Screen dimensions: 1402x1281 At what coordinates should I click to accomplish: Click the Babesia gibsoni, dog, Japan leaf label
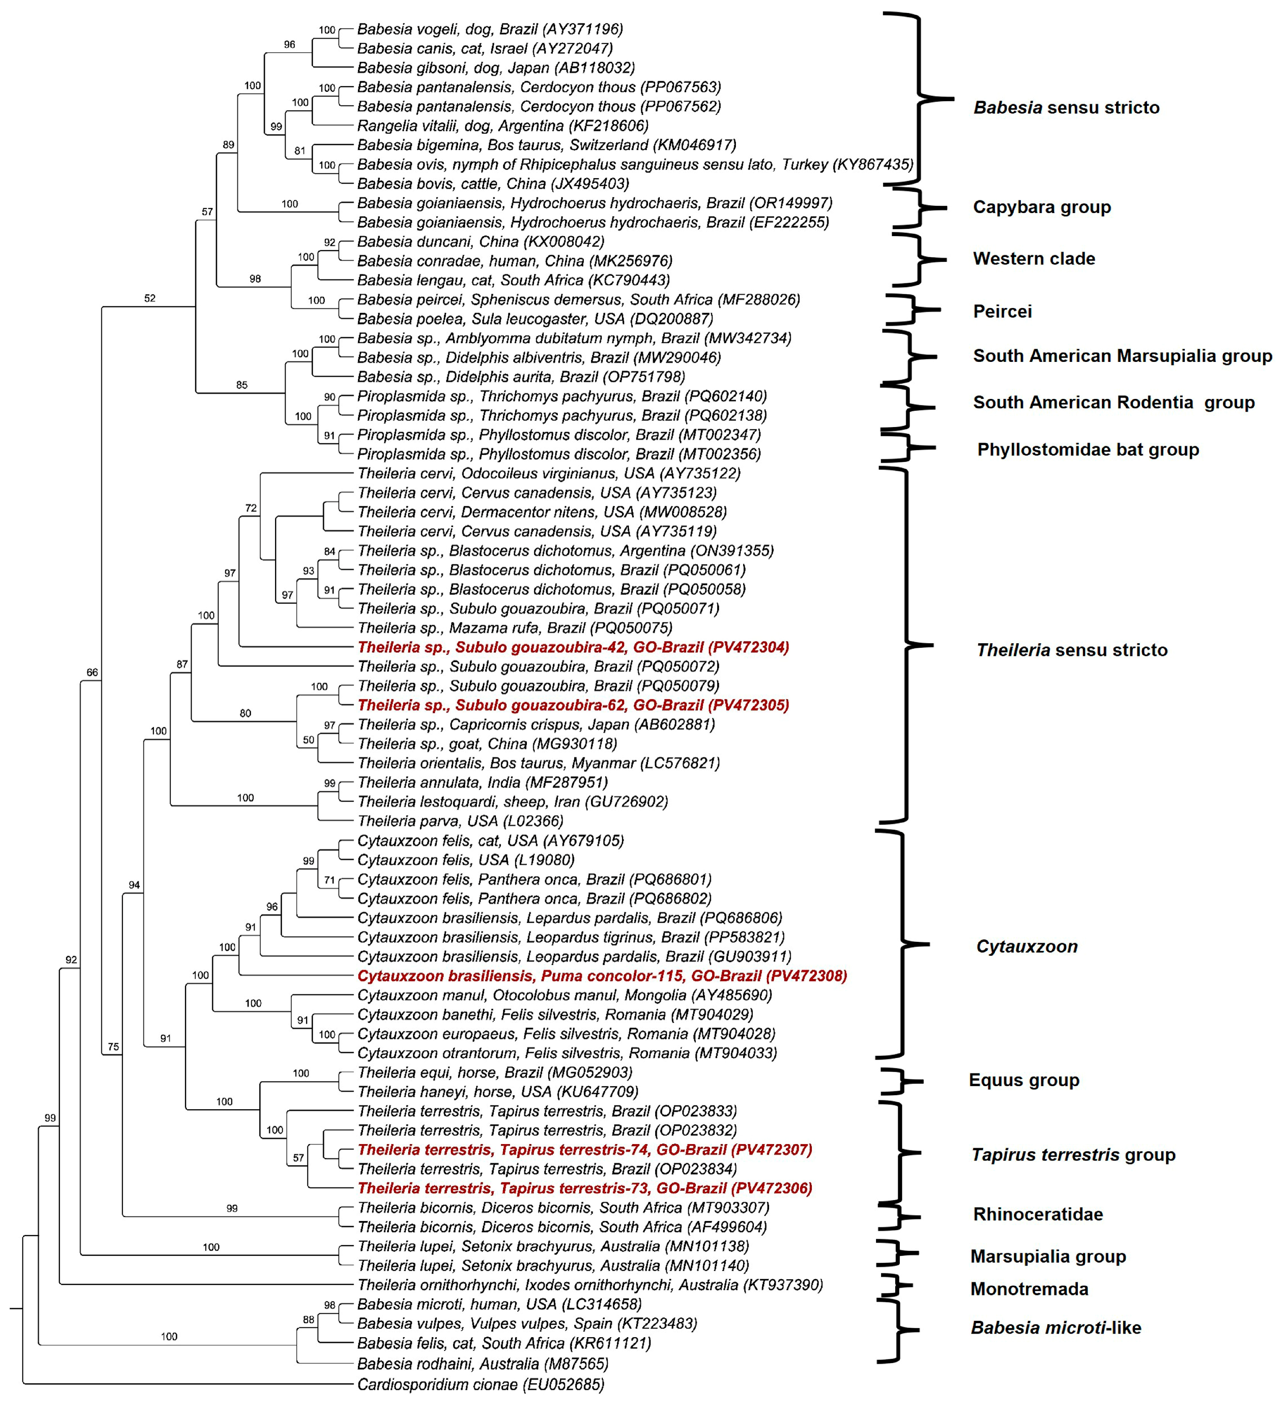tap(495, 67)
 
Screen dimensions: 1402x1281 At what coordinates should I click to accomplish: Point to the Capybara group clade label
tap(1041, 207)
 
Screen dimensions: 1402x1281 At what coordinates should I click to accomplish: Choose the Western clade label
tap(1033, 259)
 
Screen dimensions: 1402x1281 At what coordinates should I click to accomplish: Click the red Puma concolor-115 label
tap(602, 976)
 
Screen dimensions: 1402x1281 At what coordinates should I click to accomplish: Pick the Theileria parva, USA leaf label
tap(460, 821)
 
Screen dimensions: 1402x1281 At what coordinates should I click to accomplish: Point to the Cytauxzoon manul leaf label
tap(564, 995)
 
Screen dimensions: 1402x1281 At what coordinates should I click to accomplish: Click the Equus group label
tap(1024, 1080)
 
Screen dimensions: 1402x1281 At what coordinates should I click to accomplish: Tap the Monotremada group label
tap(1028, 1289)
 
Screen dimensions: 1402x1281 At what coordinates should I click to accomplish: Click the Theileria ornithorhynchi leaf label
tap(590, 1284)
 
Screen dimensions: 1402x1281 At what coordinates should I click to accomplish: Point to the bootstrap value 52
tap(150, 298)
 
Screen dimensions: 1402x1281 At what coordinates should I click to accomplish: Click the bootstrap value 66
tap(92, 673)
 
